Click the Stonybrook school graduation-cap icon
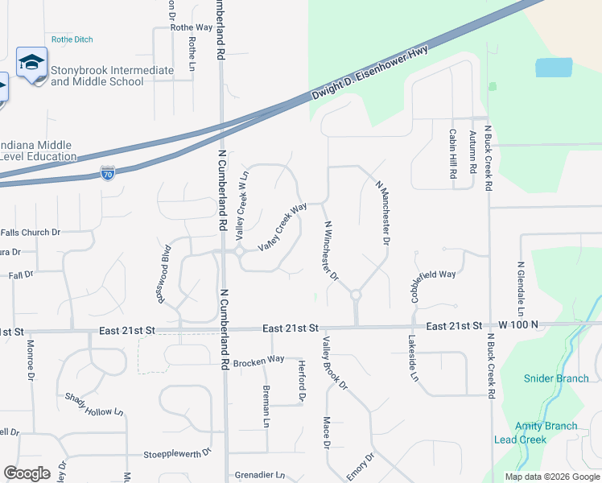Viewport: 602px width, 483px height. [32, 63]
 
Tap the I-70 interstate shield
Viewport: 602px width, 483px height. [108, 173]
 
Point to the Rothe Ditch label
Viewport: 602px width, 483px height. [72, 39]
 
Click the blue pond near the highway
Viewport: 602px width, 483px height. [553, 68]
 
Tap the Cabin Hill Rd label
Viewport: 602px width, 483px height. [453, 153]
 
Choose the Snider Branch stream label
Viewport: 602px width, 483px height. [556, 378]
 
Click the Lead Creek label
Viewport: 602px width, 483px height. [520, 440]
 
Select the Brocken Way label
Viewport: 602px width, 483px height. [259, 361]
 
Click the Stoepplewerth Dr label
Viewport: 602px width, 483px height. [177, 453]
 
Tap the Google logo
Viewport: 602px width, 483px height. [27, 473]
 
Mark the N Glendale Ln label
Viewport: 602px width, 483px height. [521, 288]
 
